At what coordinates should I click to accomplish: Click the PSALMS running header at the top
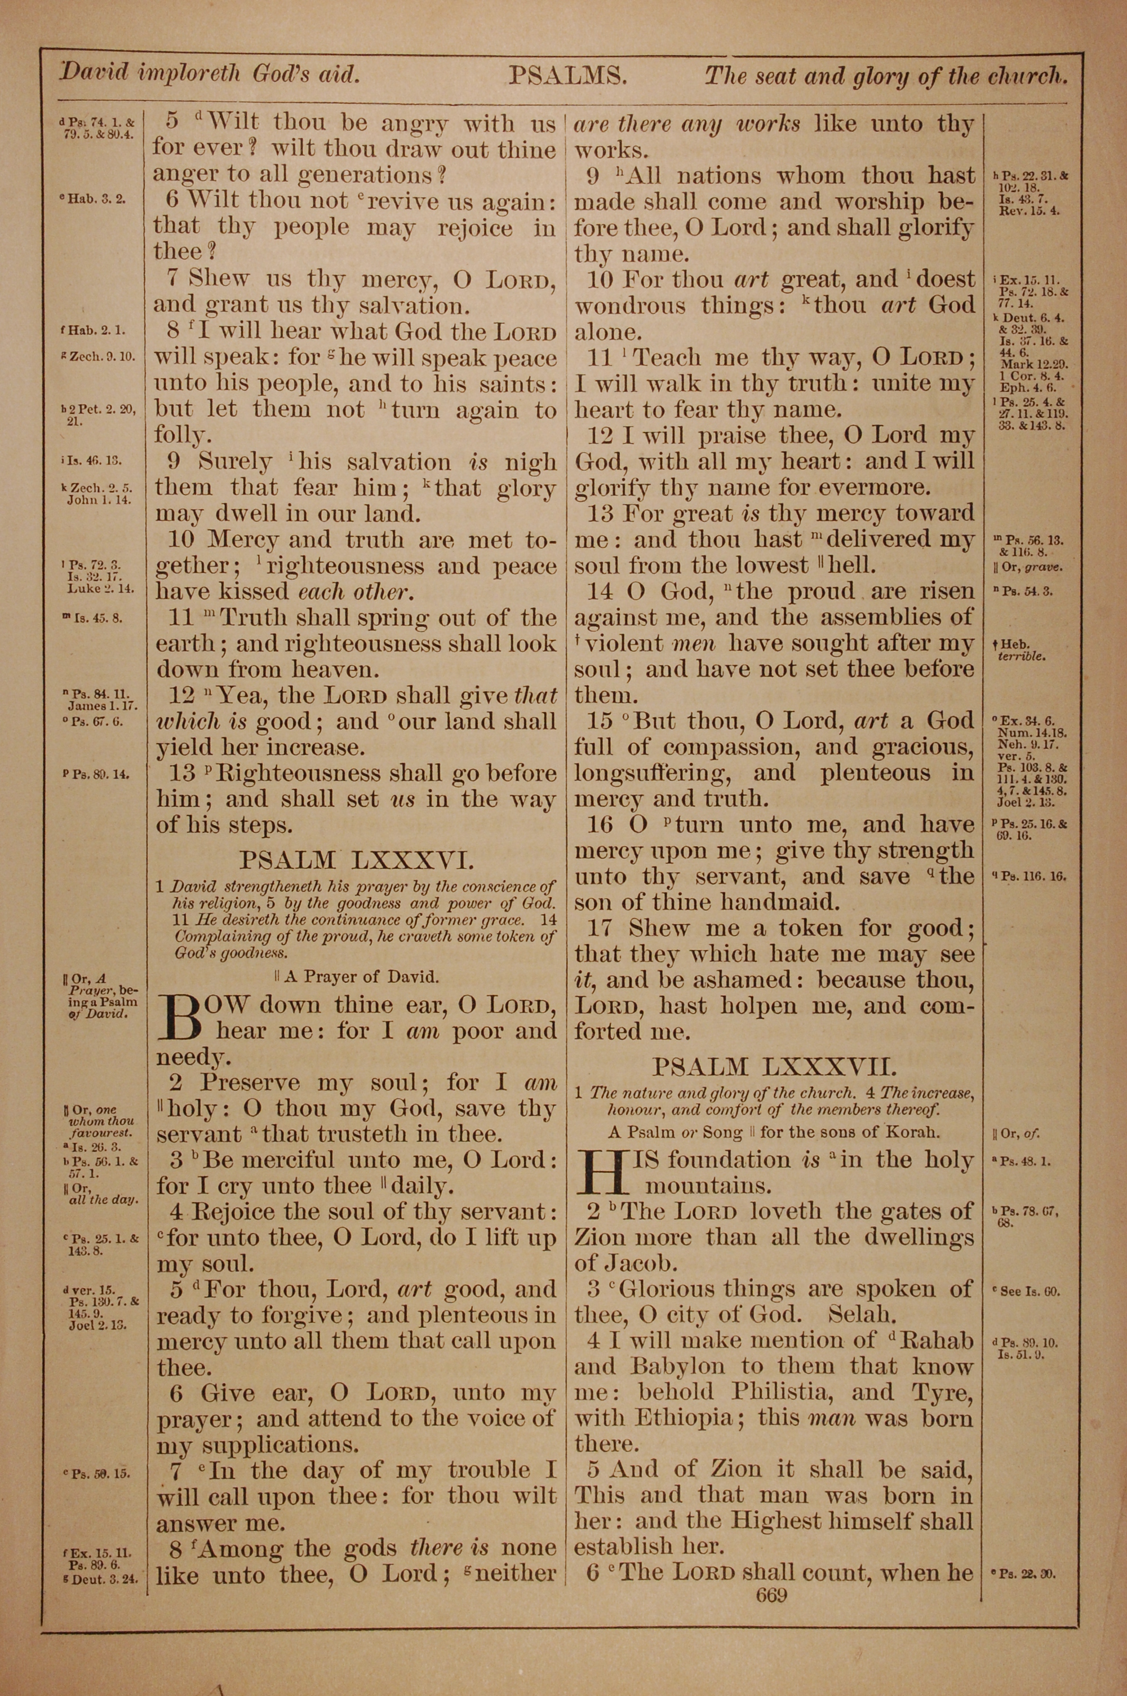568,76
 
